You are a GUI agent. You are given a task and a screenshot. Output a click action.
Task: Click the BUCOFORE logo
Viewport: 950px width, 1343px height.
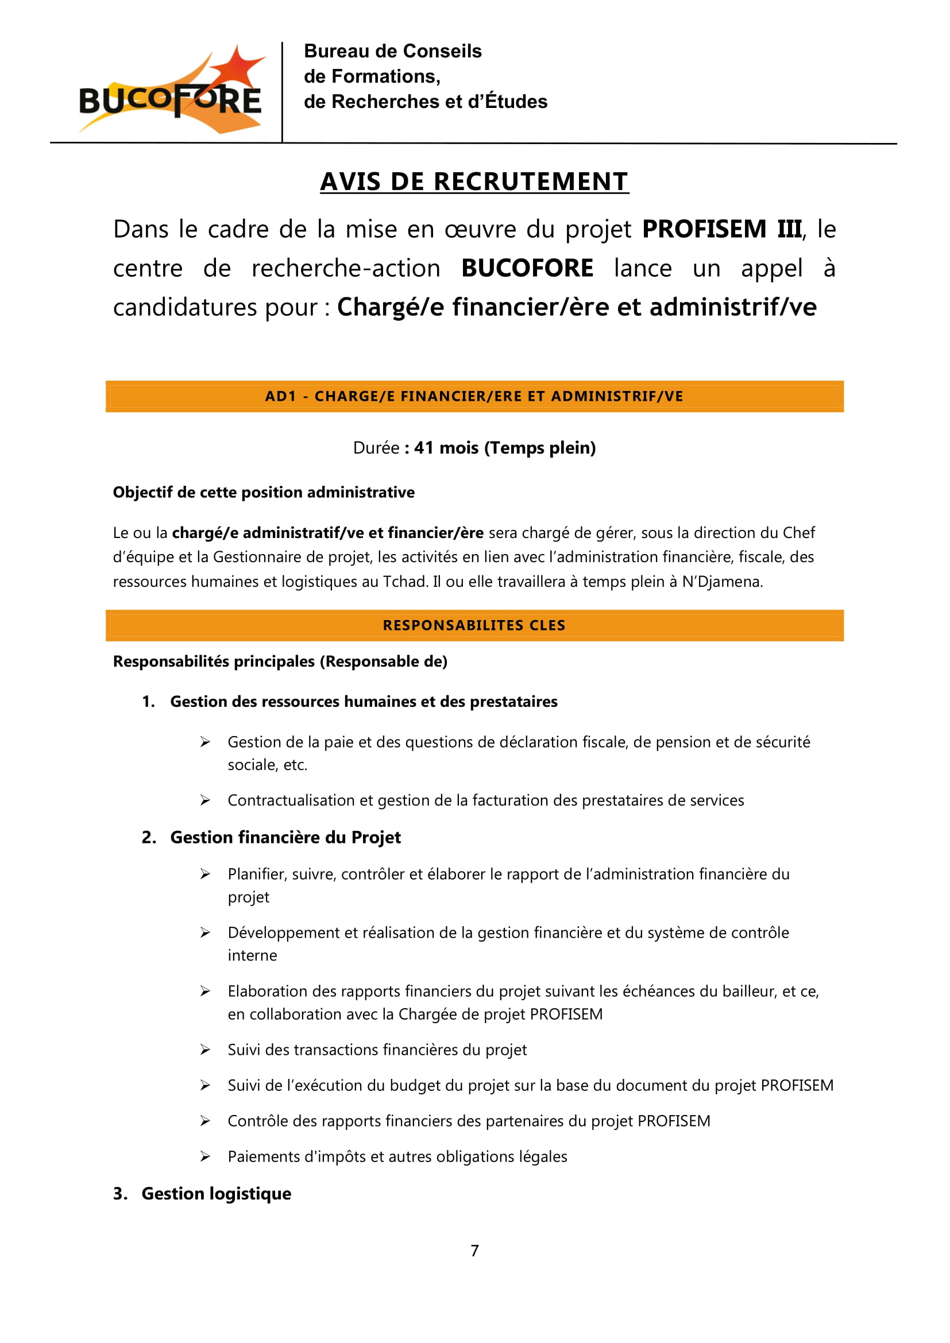pyautogui.click(x=169, y=91)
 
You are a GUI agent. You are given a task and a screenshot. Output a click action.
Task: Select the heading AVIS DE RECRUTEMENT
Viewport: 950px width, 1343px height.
pyautogui.click(x=474, y=182)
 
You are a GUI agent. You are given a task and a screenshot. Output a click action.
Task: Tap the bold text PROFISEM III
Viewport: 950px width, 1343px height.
pyautogui.click(x=722, y=229)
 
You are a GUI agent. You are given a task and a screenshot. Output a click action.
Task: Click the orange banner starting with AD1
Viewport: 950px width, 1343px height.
pyautogui.click(x=474, y=397)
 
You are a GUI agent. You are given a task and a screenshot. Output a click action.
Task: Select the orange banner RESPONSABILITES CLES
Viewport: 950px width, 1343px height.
pyautogui.click(x=474, y=625)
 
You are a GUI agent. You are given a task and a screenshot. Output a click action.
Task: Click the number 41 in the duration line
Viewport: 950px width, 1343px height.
pyautogui.click(x=424, y=448)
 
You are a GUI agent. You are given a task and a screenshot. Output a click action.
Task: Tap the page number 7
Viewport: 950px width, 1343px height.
pyautogui.click(x=474, y=1251)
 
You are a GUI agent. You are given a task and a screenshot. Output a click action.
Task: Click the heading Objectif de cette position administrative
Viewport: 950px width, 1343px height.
pyautogui.click(x=263, y=493)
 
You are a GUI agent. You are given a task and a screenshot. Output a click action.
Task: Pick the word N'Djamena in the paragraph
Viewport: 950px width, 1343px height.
pyautogui.click(x=721, y=582)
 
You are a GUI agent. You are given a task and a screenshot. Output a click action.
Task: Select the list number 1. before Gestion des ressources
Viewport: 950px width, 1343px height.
pyautogui.click(x=149, y=702)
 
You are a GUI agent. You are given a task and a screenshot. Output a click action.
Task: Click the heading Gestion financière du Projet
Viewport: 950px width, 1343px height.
pyautogui.click(x=285, y=838)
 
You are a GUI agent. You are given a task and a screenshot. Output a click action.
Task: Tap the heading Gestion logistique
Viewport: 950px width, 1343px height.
pyautogui.click(x=216, y=1193)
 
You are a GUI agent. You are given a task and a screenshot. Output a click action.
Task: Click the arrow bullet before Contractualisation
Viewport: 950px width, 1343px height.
pyautogui.click(x=204, y=800)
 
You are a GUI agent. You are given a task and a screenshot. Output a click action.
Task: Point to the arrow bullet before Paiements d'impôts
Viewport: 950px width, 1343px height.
pyautogui.click(x=204, y=1156)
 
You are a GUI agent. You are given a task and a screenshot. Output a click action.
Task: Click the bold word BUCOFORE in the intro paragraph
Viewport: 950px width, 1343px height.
pyautogui.click(x=527, y=269)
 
